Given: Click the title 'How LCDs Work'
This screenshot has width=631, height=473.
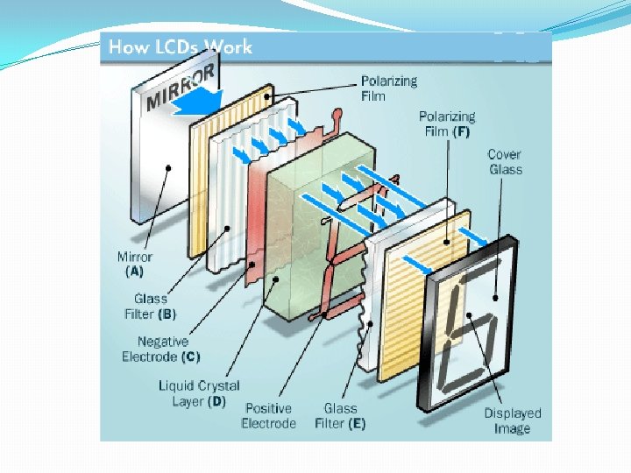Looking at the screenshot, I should click(x=180, y=47).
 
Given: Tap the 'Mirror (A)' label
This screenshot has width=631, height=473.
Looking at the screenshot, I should click(x=134, y=264).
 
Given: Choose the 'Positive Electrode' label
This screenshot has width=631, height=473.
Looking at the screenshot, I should click(x=268, y=416).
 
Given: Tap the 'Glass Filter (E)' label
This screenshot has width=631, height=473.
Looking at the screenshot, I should click(x=344, y=416).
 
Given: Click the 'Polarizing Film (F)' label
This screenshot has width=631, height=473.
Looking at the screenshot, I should click(x=446, y=124).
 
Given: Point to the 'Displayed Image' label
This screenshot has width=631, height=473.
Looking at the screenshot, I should click(x=512, y=420).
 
